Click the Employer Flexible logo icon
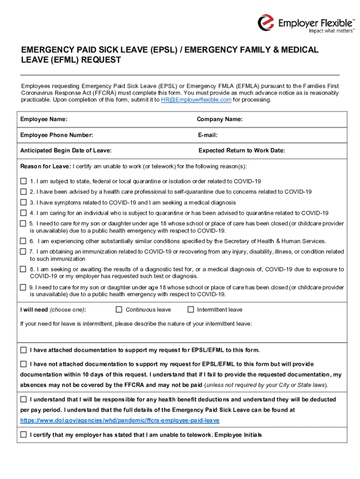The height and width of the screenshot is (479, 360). coord(266,22)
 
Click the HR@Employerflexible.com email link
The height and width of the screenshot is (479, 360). coord(196,100)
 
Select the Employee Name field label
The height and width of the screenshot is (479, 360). coord(43,119)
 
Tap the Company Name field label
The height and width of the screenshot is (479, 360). coord(220,119)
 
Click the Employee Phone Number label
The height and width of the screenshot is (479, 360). coord(57,135)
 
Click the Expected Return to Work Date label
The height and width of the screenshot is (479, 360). coord(242,151)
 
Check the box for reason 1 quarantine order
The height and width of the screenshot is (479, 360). coord(23,181)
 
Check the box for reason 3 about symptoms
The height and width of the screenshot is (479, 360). coord(23,203)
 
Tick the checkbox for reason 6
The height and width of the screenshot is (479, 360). coord(23,241)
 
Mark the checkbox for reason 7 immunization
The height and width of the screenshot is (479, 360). coord(23,252)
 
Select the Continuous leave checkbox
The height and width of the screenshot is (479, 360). coord(119,309)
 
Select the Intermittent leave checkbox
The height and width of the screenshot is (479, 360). coord(190,309)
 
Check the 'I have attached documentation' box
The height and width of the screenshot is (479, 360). coord(23,350)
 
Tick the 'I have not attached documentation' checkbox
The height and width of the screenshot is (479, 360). coord(23,364)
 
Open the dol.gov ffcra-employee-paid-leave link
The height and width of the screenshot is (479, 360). coord(120,421)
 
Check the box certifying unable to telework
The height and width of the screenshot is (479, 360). coord(23,435)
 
